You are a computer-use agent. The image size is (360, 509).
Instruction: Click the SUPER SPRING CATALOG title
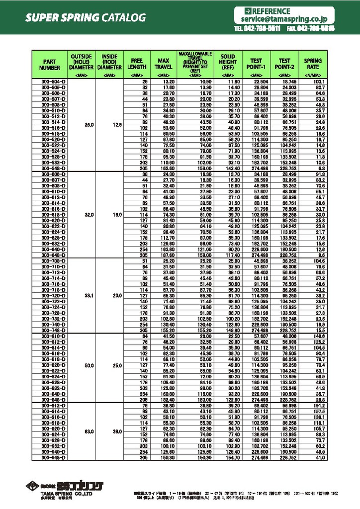(86, 18)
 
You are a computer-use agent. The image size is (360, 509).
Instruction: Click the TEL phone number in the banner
(258, 29)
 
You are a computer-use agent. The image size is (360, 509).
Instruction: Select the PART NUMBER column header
(50, 64)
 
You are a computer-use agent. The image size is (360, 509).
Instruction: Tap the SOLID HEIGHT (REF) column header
(228, 62)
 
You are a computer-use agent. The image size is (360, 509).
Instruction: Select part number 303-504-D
(50, 81)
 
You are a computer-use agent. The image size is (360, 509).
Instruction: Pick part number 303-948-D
(50, 458)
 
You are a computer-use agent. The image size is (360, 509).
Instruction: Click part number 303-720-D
(50, 295)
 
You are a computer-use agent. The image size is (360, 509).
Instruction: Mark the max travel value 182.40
(165, 400)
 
